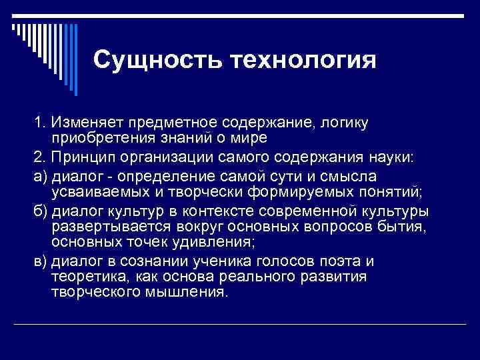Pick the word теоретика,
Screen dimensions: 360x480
pos(86,276)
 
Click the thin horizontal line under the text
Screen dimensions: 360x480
pos(240,325)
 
